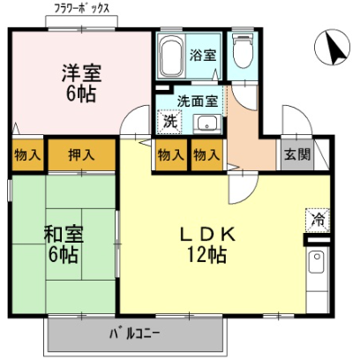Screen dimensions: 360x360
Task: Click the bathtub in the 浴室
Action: [x=172, y=56]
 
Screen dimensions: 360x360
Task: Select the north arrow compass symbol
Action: [x=332, y=47]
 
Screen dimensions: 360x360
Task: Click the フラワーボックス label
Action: [x=82, y=8]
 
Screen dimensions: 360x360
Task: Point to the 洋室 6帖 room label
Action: [x=81, y=83]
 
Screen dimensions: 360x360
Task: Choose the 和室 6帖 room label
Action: [x=64, y=244]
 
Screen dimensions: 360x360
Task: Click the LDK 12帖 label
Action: [x=207, y=244]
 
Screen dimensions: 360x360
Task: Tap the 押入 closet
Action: [x=81, y=154]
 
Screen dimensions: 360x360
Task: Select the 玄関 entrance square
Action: [x=297, y=154]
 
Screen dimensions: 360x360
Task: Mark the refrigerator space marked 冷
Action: [x=318, y=220]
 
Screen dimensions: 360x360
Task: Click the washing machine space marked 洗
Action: [x=169, y=122]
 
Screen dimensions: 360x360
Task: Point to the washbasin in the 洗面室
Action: [x=207, y=124]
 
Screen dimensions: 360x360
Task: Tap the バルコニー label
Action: [x=135, y=334]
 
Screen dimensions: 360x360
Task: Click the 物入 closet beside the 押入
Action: [x=27, y=154]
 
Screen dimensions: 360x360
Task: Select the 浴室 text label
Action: [x=203, y=55]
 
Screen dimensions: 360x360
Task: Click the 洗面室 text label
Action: [x=198, y=101]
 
